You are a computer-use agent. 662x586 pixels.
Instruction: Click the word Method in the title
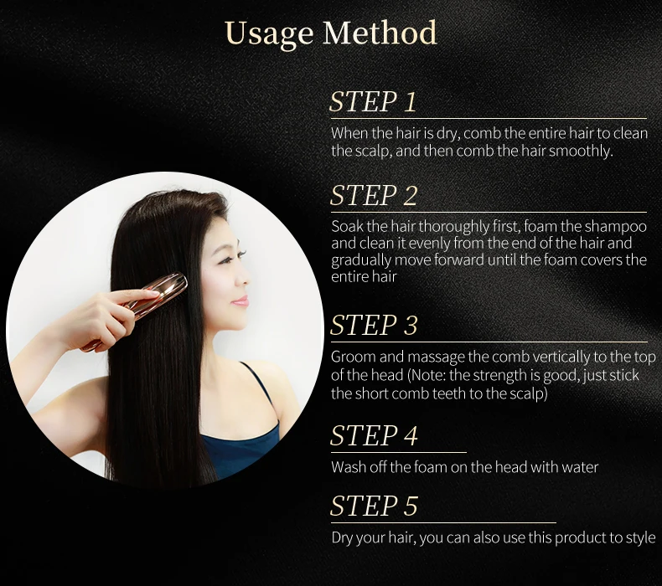coord(380,33)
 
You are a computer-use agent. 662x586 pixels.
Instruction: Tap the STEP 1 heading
coord(373,101)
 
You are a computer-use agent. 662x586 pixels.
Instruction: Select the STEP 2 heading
coord(373,195)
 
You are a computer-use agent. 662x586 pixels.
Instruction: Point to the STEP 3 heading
coord(373,325)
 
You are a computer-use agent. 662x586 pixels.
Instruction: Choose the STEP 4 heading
coord(374,435)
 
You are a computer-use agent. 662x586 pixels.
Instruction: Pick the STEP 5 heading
coord(374,506)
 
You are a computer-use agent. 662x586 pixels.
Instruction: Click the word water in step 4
coord(580,467)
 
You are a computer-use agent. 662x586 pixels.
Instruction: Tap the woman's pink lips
coord(240,301)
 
